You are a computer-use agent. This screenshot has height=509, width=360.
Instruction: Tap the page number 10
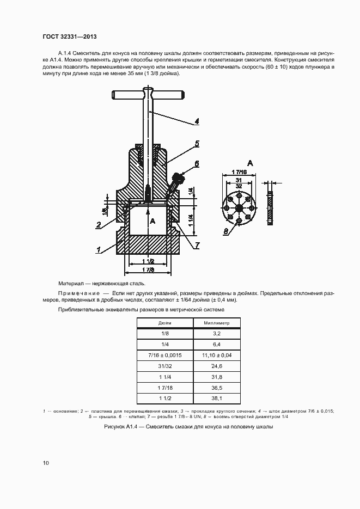tap(46, 463)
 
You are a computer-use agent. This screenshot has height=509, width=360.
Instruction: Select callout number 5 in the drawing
tap(197, 144)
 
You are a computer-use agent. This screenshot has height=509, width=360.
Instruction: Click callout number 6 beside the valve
tap(197, 163)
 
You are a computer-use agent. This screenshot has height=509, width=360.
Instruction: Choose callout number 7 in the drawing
tap(197, 246)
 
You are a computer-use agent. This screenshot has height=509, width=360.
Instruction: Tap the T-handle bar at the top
tap(147, 95)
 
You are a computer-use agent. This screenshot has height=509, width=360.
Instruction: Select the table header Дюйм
tap(164, 323)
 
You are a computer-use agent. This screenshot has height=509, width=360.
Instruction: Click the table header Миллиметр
tap(217, 323)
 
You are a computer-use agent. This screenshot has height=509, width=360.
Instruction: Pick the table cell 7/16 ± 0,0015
tap(164, 355)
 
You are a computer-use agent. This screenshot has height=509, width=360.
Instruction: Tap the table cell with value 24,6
tap(217, 367)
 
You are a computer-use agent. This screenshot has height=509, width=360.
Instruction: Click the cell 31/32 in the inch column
tap(164, 367)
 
